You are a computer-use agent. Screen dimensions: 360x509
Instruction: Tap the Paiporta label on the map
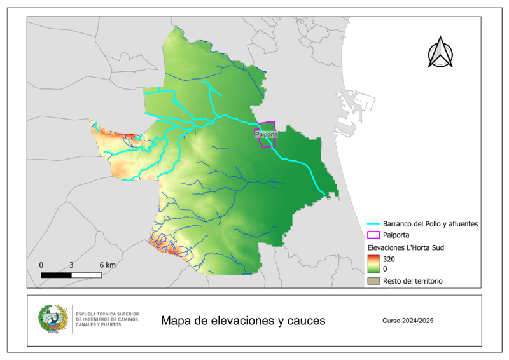pos(266,134)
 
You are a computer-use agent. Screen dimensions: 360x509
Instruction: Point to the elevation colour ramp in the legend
pos(373,263)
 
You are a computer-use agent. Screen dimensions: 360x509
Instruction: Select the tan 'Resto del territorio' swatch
pos(373,280)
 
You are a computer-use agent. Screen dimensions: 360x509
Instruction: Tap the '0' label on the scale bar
pos(41,264)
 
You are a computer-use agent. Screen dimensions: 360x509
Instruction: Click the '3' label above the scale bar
pos(71,264)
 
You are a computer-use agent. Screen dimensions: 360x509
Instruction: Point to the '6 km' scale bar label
pos(106,264)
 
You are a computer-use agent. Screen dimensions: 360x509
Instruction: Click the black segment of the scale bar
pos(56,275)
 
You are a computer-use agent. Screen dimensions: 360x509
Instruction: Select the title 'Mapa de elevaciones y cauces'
pos(243,321)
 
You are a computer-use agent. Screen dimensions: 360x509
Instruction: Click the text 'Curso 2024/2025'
pos(408,321)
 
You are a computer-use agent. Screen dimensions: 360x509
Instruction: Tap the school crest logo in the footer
pos(53,320)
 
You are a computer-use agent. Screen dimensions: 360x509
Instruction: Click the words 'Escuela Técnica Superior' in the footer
pos(107,314)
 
